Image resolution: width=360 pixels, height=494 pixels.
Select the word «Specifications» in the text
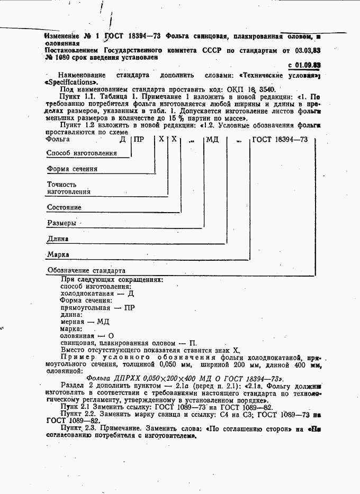pyautogui.click(x=71, y=83)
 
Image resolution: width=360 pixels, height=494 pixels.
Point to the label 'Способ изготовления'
pyautogui.click(x=82, y=153)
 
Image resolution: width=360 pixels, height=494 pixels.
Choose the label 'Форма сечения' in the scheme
pyautogui.click(x=72, y=169)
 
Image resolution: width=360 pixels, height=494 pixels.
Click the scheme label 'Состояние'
pyautogui.click(x=64, y=207)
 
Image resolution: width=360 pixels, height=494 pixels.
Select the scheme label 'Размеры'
pyautogui.click(x=61, y=223)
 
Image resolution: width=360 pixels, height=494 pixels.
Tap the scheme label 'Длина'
pyautogui.click(x=58, y=239)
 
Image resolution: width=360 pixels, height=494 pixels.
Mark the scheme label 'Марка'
pyautogui.click(x=58, y=254)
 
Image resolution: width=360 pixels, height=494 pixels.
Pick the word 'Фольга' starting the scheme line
pyautogui.click(x=58, y=140)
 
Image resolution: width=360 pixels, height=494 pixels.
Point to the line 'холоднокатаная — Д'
pyautogui.click(x=97, y=293)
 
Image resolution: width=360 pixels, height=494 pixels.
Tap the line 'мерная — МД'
pyautogui.click(x=85, y=322)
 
